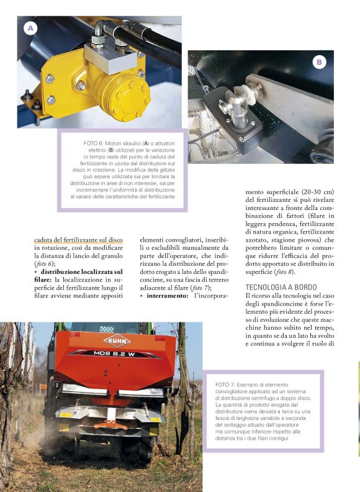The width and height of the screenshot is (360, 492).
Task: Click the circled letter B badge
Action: point(318,62)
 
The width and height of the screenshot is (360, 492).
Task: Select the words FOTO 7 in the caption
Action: point(227,385)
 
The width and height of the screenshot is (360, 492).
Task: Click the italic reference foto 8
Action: point(283,272)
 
